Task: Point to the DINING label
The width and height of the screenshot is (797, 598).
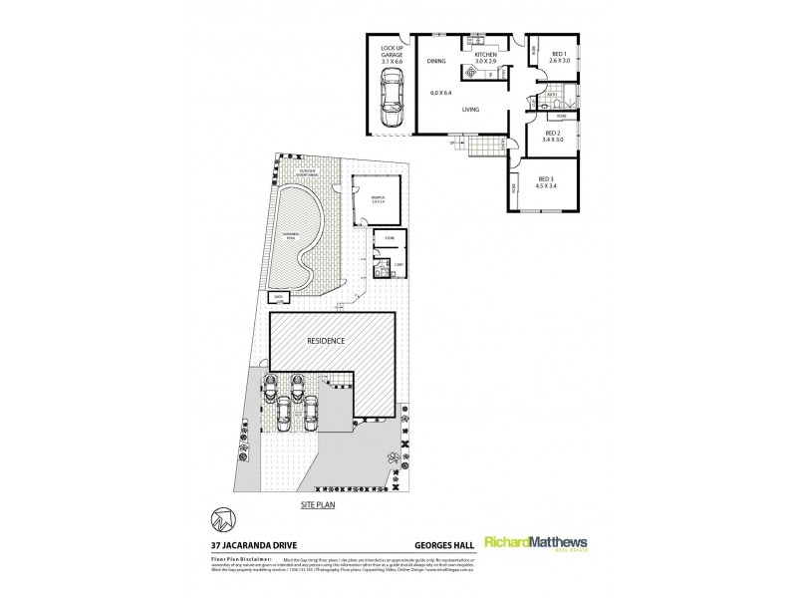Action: pos(436,62)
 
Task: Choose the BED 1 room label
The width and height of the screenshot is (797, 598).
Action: pos(558,57)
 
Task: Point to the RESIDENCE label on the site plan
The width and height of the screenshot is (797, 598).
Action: pos(326,341)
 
